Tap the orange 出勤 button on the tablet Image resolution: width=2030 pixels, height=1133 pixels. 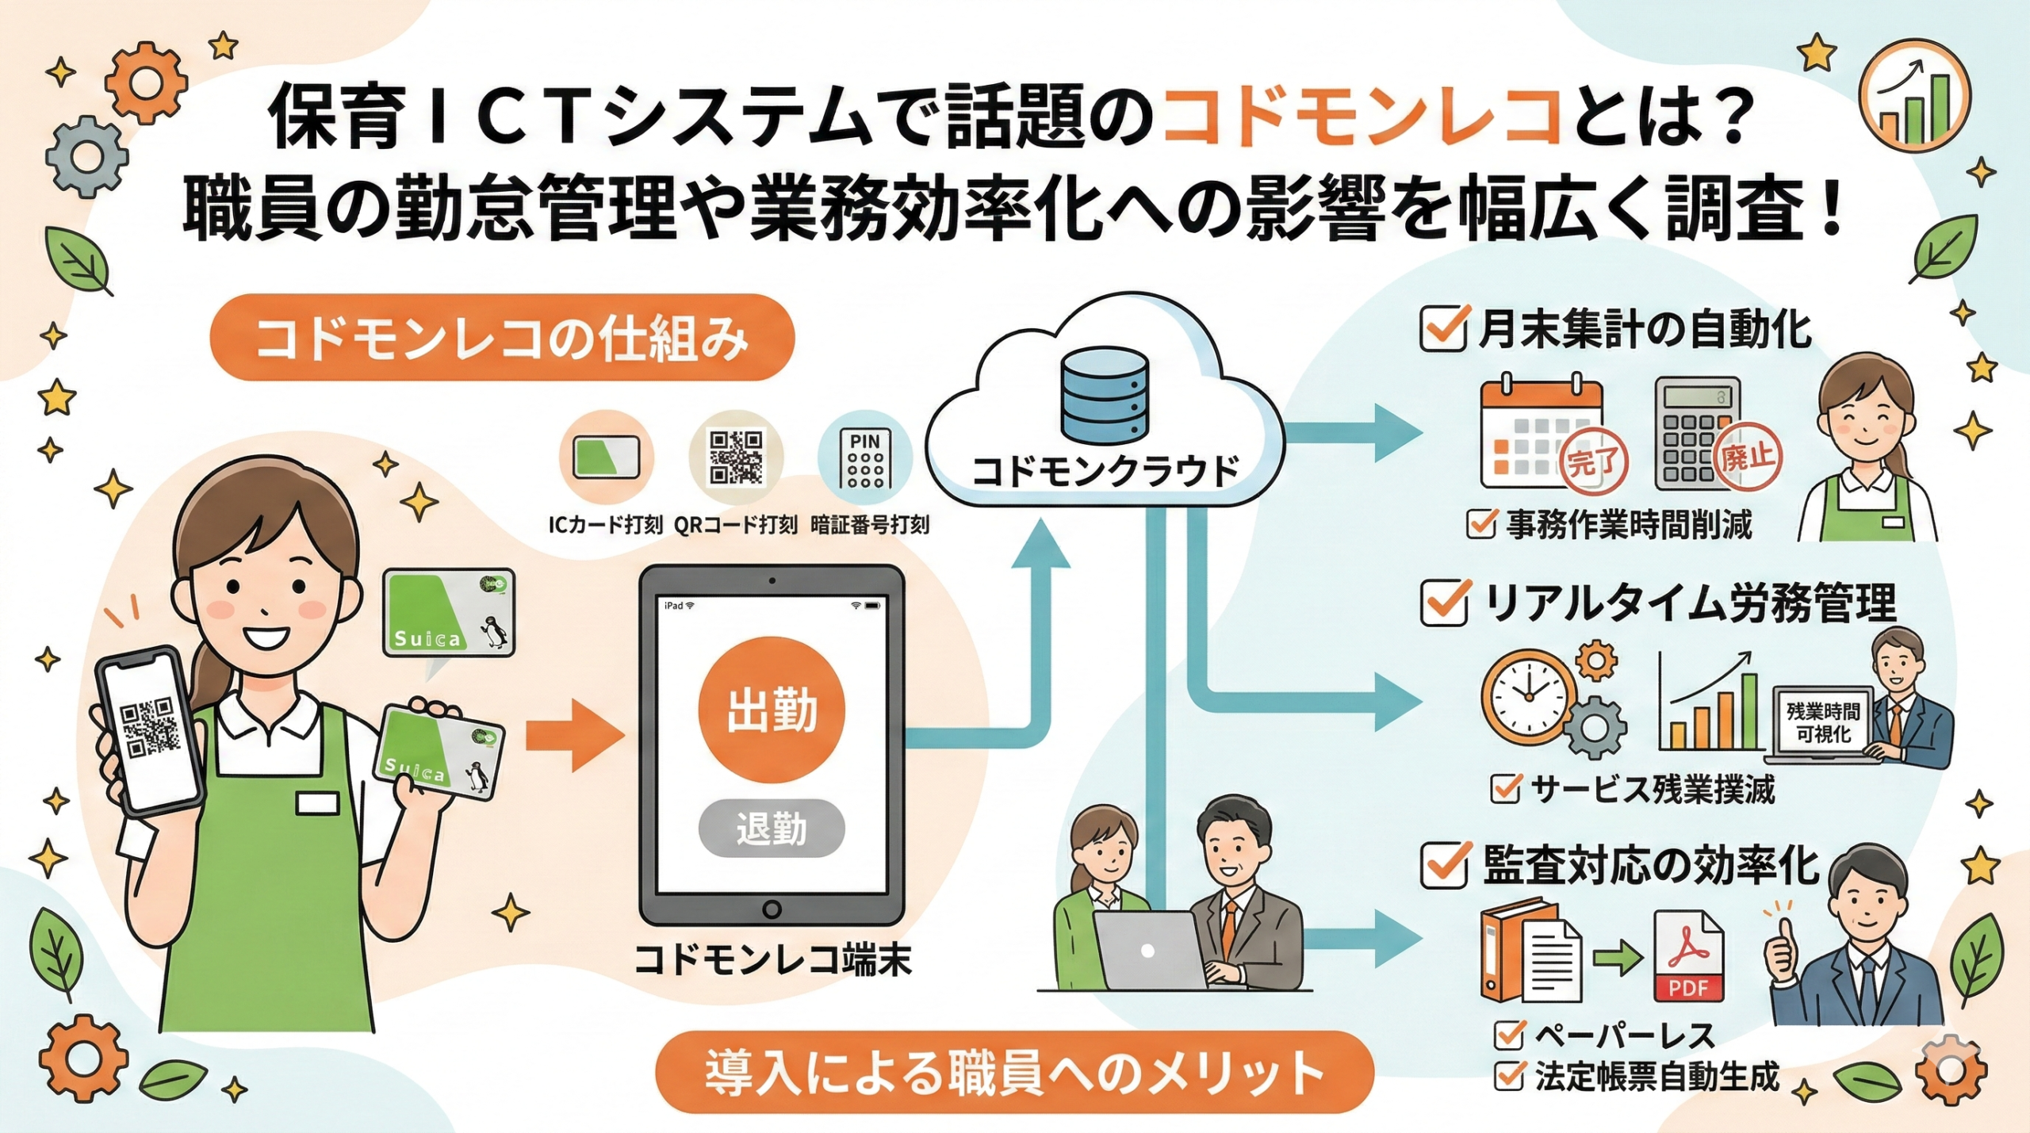(772, 710)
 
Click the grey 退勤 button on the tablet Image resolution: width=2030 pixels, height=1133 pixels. (772, 829)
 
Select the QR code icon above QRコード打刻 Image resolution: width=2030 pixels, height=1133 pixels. (736, 457)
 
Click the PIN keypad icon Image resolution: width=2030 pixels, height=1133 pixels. (865, 459)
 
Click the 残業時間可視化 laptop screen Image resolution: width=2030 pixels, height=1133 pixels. (1823, 722)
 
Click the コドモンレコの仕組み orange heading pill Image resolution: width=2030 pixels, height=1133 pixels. (502, 338)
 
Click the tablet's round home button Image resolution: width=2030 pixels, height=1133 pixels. (771, 909)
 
